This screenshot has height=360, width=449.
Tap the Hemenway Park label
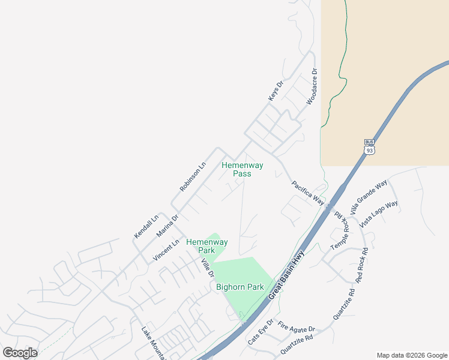(207, 246)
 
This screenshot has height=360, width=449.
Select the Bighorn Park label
(240, 287)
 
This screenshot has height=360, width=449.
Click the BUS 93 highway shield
(370, 147)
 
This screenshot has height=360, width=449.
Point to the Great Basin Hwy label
(286, 275)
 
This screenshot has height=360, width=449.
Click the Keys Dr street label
(275, 91)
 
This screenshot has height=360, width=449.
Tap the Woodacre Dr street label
(311, 87)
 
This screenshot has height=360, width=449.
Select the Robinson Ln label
(193, 176)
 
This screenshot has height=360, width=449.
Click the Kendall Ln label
(146, 226)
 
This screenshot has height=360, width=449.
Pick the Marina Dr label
(167, 226)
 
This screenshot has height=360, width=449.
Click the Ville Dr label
(208, 267)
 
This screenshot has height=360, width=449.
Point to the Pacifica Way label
(308, 193)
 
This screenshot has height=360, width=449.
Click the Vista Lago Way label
(379, 214)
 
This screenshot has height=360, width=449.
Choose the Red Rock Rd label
(361, 264)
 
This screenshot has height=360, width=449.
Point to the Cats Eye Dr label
(261, 331)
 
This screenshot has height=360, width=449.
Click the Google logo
(20, 353)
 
